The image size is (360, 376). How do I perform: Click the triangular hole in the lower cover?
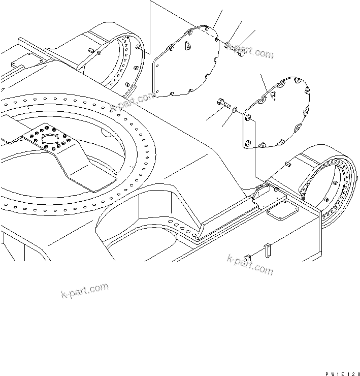click(x=274, y=95)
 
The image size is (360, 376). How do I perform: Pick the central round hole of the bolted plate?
click(x=50, y=139)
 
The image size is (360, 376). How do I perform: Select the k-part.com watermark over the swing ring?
click(x=133, y=102)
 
